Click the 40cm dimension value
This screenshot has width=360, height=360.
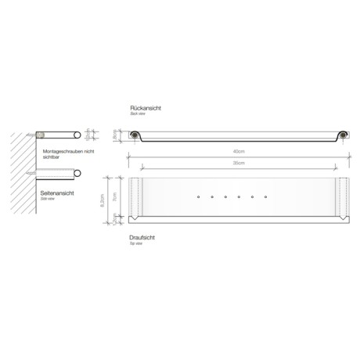(x=237, y=151)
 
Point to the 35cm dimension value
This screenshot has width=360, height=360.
(x=238, y=163)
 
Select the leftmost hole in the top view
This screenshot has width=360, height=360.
(x=199, y=196)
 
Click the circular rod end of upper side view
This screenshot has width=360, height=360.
(x=75, y=134)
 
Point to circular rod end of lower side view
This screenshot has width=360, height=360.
(x=75, y=176)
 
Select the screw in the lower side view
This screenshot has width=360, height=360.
(x=32, y=171)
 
